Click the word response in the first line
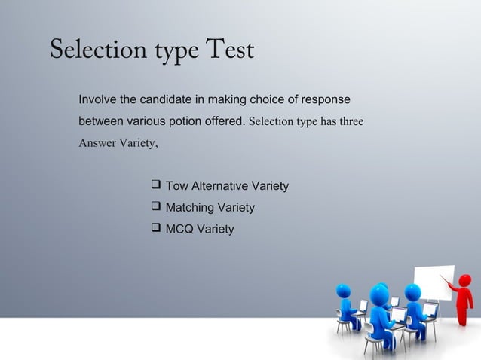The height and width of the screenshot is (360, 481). tap(325, 99)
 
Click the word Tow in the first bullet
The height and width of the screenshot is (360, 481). tap(178, 186)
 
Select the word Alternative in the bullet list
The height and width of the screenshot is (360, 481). tap(219, 186)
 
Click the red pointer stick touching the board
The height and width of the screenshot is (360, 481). tap(450, 283)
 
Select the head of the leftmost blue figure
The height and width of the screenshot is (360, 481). tap(344, 291)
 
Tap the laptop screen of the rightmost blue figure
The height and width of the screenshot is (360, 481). tap(431, 309)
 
